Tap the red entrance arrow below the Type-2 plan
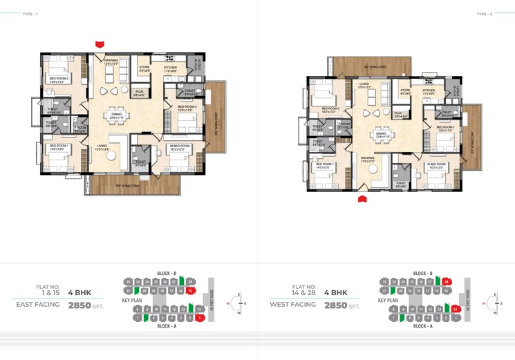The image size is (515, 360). coord(362,199)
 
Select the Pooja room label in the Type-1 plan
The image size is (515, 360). coord(140,92)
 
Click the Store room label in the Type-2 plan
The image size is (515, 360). coord(406,90)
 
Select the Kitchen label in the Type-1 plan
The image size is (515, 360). coord(171,68)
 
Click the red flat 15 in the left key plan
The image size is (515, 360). coord(189,292)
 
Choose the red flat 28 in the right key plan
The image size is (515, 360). coord(447,282)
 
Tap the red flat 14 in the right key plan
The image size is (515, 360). coord(456,309)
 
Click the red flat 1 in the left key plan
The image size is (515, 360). coord(198,318)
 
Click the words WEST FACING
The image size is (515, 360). coord(293,304)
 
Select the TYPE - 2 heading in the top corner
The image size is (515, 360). coord(484,14)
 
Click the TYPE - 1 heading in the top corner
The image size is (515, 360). coord(30,14)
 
